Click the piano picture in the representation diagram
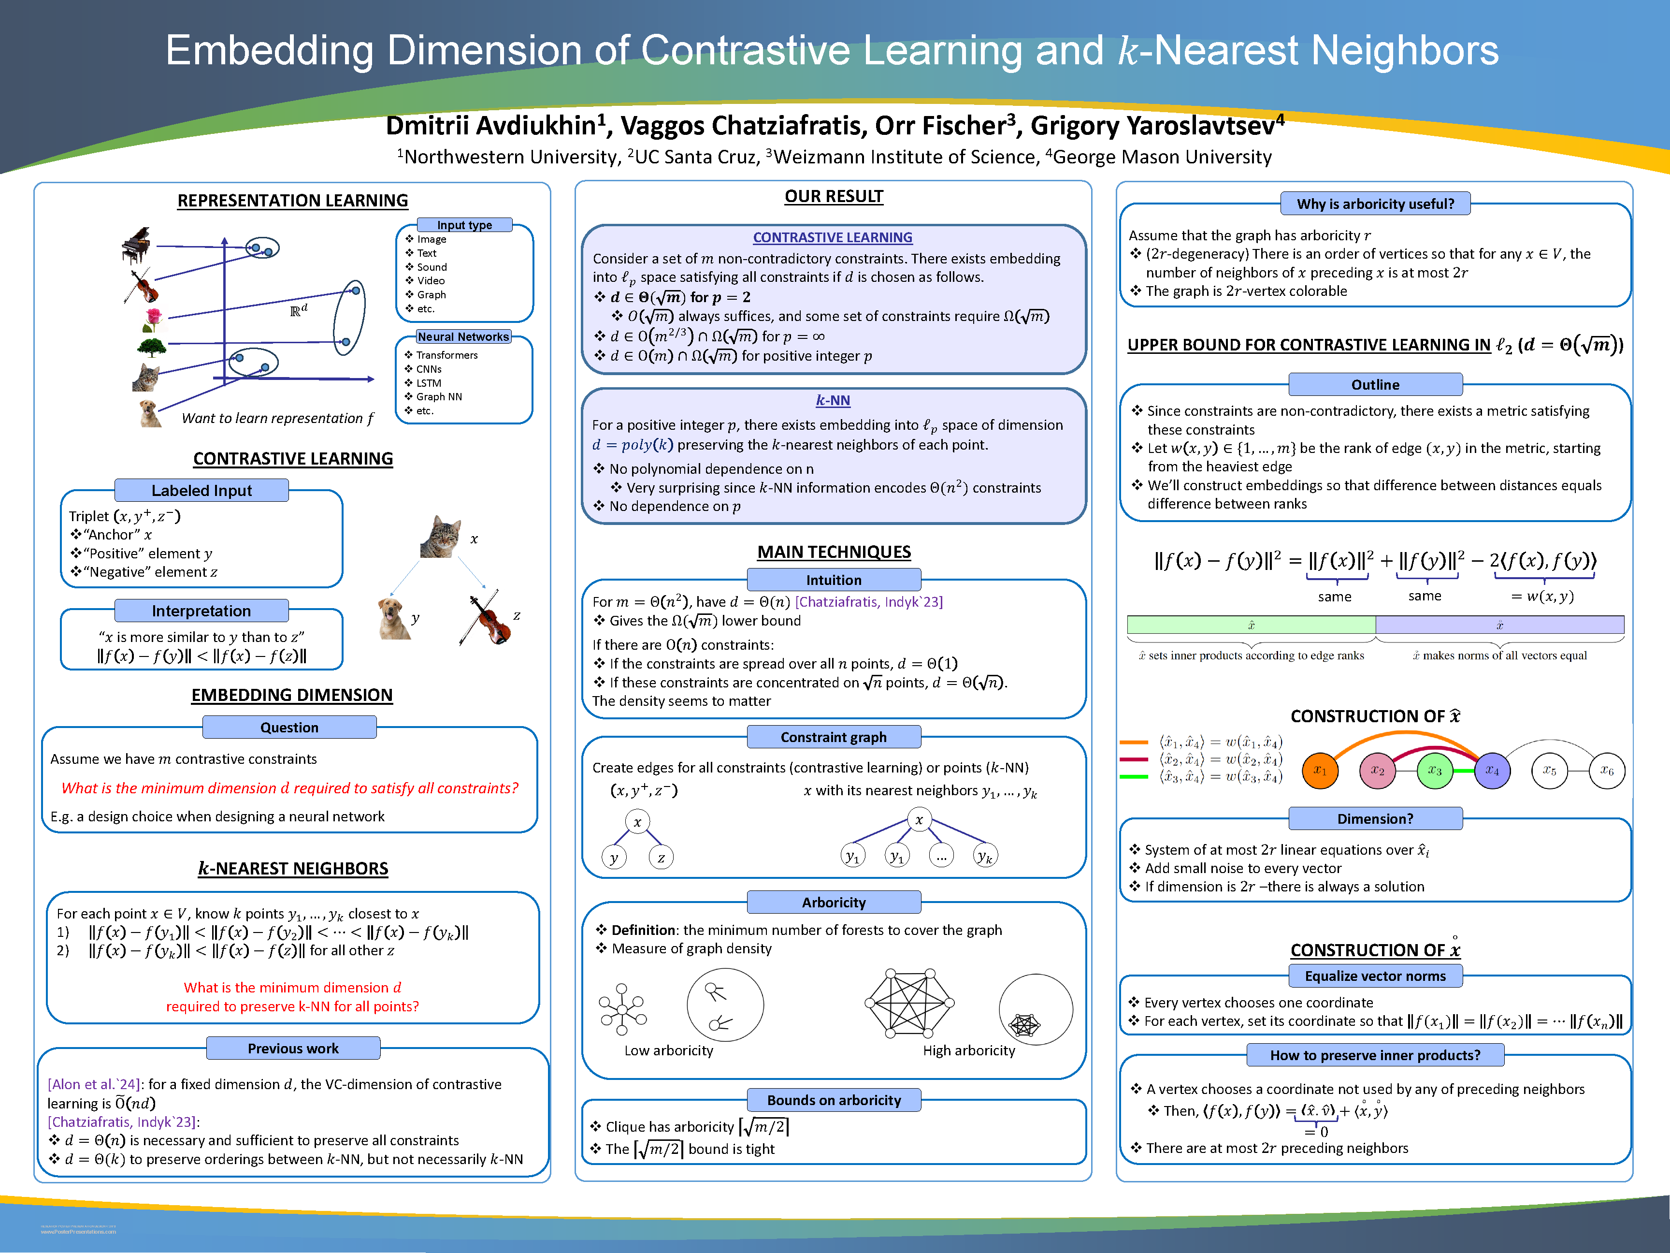pos(137,245)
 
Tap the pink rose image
pos(153,320)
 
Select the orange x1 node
pos(1320,771)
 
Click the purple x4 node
pos(1492,771)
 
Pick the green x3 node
pos(1435,771)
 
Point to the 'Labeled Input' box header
pos(202,490)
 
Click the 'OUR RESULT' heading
pos(834,196)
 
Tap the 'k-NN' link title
pos(833,400)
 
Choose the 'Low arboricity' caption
pos(668,1050)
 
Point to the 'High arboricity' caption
pos(969,1050)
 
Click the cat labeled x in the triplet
pos(441,536)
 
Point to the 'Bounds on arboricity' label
pos(834,1100)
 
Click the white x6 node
pos(1607,771)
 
